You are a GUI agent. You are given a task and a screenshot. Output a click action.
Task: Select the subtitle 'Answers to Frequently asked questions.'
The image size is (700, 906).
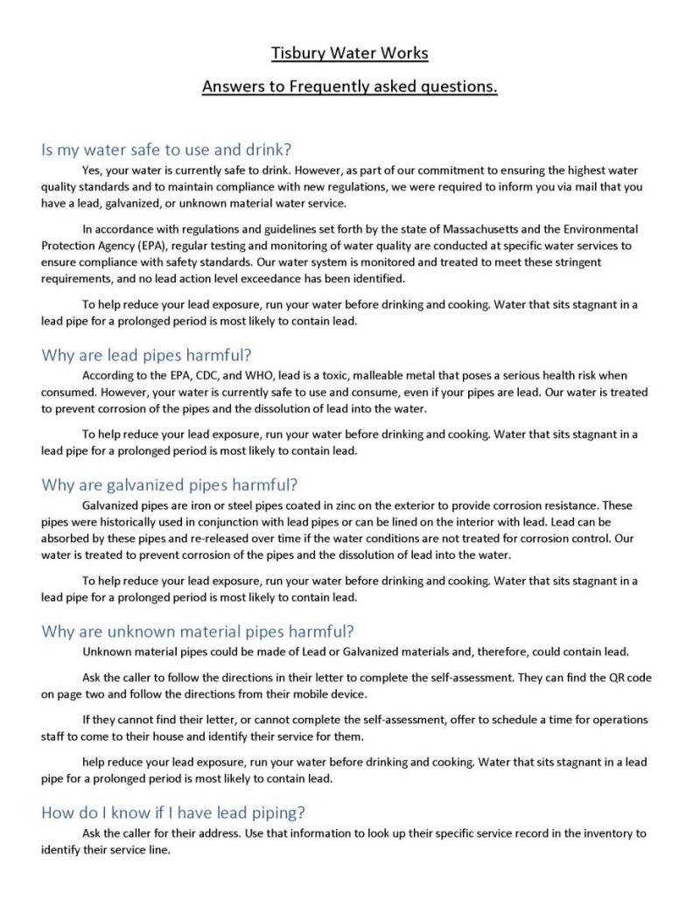pos(350,87)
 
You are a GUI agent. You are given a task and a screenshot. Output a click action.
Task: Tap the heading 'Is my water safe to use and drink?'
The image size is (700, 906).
pos(166,150)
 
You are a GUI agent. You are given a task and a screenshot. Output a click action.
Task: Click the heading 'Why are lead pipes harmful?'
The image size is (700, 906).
pos(146,355)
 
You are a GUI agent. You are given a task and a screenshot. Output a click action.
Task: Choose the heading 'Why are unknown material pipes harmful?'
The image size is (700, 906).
pos(198,631)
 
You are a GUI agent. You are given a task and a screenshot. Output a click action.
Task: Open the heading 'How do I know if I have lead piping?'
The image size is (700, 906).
pos(173,812)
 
